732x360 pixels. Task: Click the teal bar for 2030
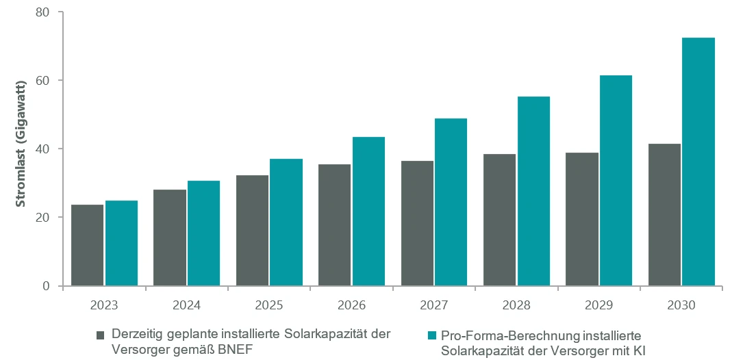698,162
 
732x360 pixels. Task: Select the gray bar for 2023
87,245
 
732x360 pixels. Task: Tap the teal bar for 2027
451,202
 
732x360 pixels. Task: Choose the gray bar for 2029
582,219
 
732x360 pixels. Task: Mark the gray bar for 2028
499,220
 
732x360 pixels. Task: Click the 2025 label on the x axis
269,305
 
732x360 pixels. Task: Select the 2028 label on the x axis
516,305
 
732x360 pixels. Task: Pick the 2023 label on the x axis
104,305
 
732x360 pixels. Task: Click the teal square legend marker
430,335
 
